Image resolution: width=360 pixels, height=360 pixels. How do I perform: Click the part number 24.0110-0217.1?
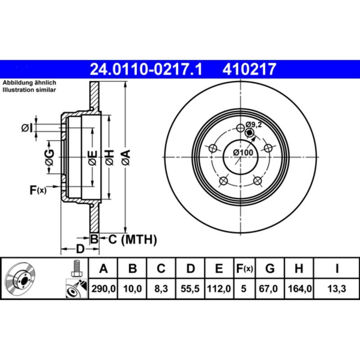(145, 69)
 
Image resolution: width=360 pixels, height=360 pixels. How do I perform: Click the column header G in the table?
(270, 269)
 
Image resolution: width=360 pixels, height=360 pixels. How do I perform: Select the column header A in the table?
(103, 269)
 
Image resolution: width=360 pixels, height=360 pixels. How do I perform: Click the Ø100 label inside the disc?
(243, 153)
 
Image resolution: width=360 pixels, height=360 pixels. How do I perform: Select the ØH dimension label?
(109, 158)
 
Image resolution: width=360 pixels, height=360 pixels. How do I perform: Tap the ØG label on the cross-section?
(49, 157)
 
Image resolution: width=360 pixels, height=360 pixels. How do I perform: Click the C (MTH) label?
(132, 240)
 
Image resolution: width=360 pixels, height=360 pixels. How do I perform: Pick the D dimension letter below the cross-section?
(80, 248)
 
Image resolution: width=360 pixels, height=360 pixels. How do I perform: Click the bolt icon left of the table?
(76, 269)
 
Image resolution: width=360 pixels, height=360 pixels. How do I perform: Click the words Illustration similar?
(29, 90)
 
